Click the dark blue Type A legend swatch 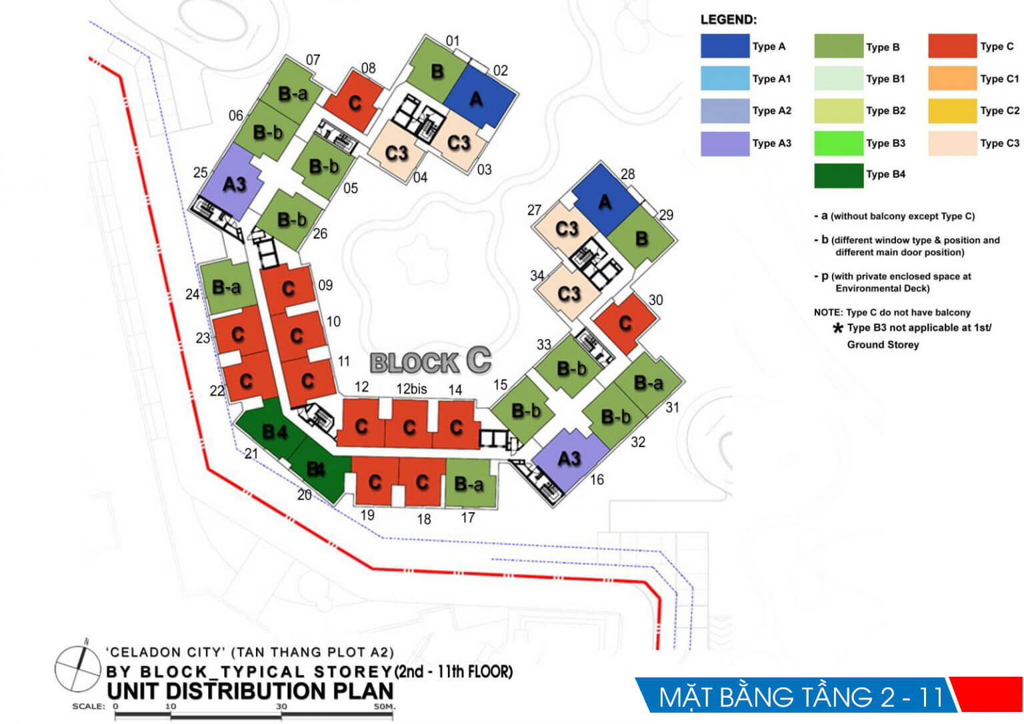[725, 47]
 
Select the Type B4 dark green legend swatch [839, 175]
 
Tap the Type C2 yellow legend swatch [952, 111]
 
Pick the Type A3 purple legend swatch [725, 143]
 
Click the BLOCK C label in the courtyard [431, 362]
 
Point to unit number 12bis [411, 388]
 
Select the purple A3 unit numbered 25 [231, 182]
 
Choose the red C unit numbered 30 [625, 323]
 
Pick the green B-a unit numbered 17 [469, 484]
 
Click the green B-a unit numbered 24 [227, 288]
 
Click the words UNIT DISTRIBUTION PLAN [250, 691]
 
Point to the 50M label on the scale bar [384, 706]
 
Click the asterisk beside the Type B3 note [837, 328]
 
